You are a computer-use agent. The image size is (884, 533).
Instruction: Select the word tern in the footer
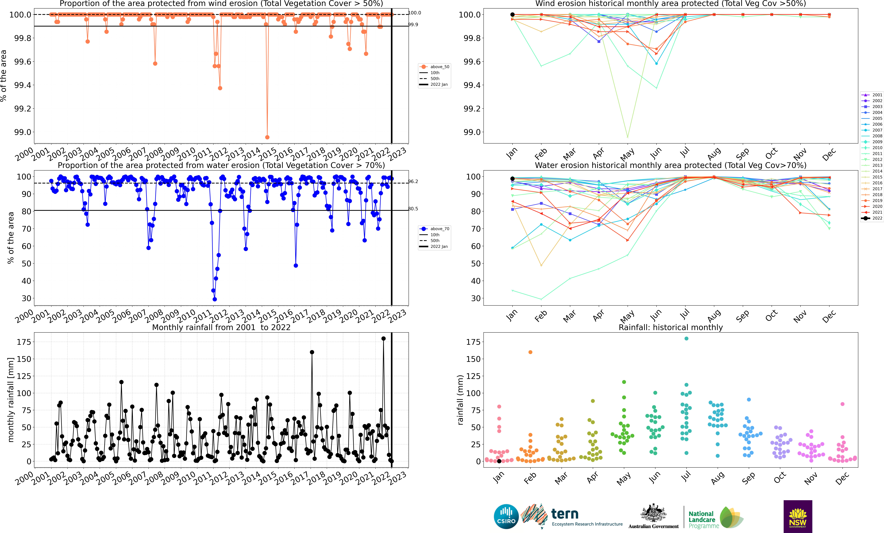(565, 514)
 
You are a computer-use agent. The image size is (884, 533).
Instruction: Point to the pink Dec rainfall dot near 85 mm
(842, 404)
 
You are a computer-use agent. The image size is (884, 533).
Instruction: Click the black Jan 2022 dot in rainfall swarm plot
(499, 461)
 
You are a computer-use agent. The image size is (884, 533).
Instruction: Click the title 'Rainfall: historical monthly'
(671, 327)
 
